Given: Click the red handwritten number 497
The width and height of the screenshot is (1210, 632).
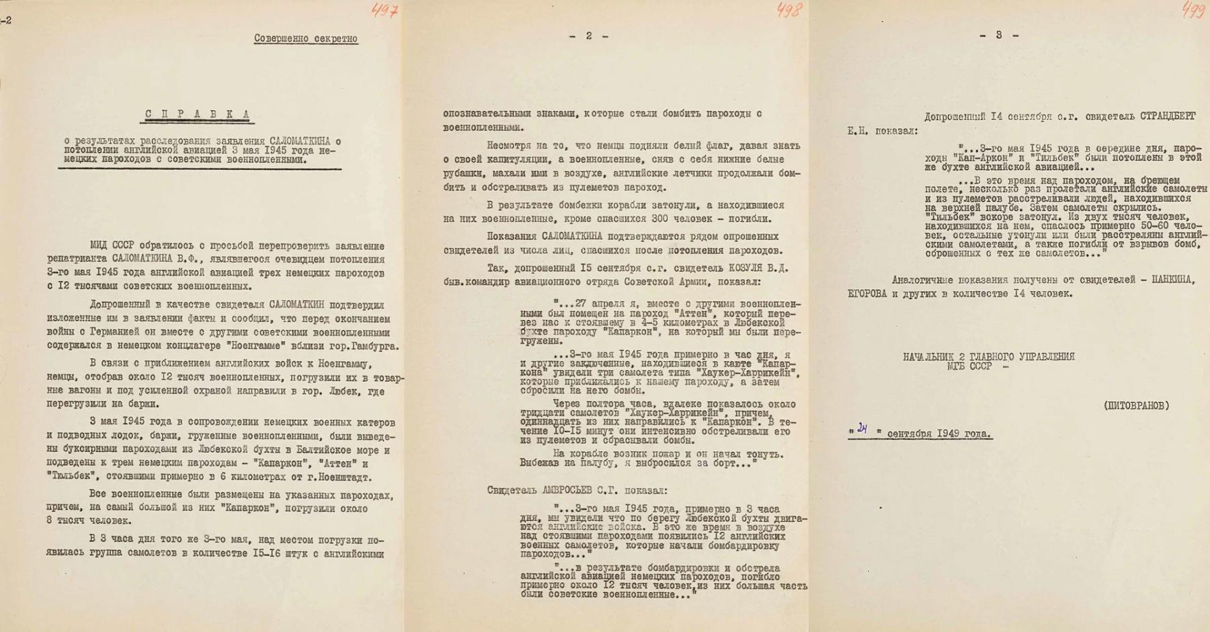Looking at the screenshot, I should (385, 11).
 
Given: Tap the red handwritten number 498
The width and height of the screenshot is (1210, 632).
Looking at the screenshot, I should (789, 10).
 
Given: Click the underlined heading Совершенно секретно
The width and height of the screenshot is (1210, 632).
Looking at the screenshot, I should (305, 38).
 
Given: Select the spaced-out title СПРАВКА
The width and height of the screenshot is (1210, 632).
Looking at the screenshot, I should (198, 114).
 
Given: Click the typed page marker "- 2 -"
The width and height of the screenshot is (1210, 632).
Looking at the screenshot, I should (588, 36).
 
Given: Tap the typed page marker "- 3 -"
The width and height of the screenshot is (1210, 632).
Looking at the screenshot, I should (999, 35).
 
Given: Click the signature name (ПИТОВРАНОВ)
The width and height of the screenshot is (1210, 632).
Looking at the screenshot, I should (1136, 405).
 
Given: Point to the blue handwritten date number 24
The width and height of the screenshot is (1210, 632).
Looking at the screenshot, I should (862, 429).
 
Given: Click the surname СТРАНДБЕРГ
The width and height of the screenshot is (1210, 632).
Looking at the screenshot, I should (1168, 116).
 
